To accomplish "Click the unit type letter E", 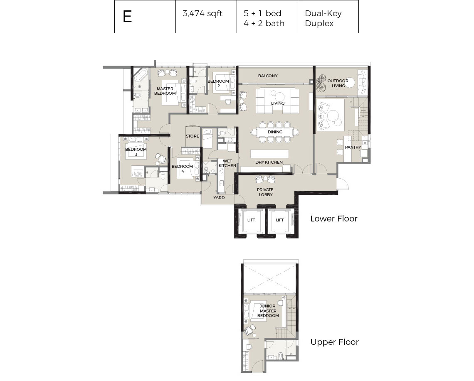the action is pyautogui.click(x=127, y=17).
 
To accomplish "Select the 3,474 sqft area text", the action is pyautogui.click(x=202, y=14).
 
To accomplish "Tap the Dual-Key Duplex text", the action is pyautogui.click(x=323, y=18).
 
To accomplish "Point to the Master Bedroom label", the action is pyautogui.click(x=165, y=91).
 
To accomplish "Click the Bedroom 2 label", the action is pyautogui.click(x=218, y=84).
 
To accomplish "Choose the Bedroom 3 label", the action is pyautogui.click(x=136, y=152).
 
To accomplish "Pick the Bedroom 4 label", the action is pyautogui.click(x=182, y=169).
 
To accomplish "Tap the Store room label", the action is pyautogui.click(x=193, y=136).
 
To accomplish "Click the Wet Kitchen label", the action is pyautogui.click(x=227, y=163).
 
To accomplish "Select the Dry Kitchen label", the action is pyautogui.click(x=269, y=162).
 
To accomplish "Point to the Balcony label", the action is pyautogui.click(x=268, y=76).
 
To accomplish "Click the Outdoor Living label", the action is pyautogui.click(x=338, y=83).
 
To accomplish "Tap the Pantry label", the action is pyautogui.click(x=353, y=147).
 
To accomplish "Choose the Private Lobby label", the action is pyautogui.click(x=265, y=192).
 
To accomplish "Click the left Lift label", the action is pyautogui.click(x=251, y=220).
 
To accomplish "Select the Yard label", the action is pyautogui.click(x=219, y=198).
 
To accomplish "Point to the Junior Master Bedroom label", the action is pyautogui.click(x=268, y=311).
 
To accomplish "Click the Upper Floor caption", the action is pyautogui.click(x=335, y=342).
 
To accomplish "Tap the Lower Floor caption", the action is pyautogui.click(x=334, y=219).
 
